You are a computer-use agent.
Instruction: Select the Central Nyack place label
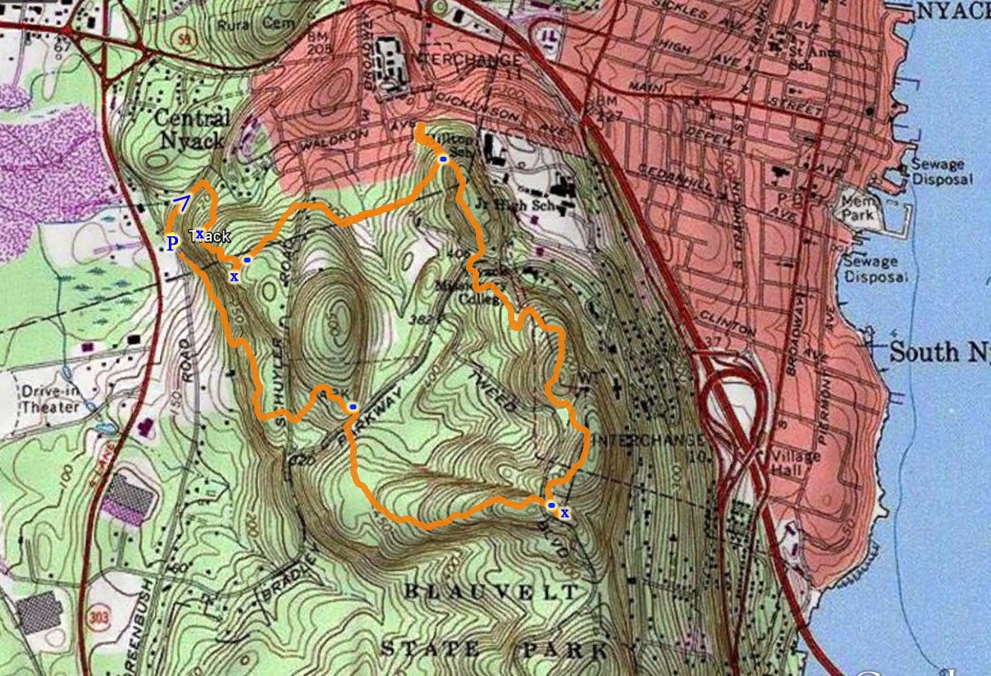pos(190,129)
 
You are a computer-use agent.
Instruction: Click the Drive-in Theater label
pos(51,399)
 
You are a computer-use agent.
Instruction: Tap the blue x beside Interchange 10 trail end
pos(564,513)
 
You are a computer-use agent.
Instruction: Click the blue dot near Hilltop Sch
pos(443,158)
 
